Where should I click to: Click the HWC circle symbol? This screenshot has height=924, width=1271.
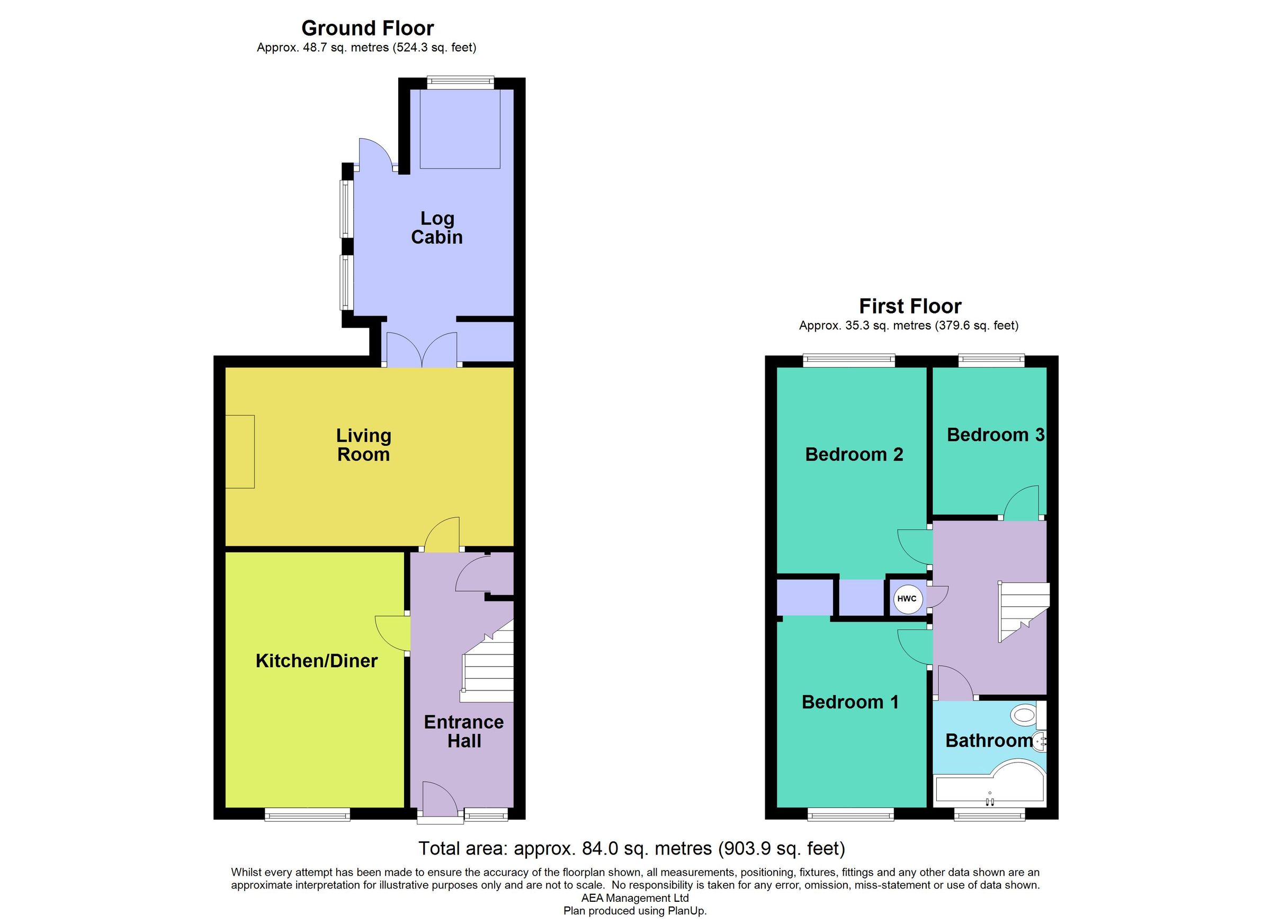906,599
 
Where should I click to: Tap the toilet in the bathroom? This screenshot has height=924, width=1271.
1025,715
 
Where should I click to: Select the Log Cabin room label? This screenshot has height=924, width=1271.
437,228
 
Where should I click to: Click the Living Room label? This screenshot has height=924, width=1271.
364,445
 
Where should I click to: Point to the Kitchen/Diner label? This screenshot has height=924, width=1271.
317,661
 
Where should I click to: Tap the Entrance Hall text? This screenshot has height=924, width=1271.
464,732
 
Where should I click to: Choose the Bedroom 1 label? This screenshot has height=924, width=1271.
850,702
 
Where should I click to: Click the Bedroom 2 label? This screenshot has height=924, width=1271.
854,454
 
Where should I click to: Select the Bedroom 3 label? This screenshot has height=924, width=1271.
995,435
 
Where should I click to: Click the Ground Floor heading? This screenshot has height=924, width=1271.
368,28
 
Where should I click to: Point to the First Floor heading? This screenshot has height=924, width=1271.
910,307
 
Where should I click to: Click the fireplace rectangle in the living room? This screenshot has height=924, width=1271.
240,451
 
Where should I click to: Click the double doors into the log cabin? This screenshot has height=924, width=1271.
422,350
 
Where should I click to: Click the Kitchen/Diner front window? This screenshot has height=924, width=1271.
307,814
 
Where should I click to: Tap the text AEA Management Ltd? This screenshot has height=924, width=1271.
635,898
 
